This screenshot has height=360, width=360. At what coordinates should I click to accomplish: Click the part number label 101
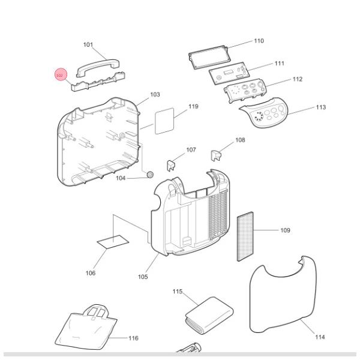pos(88,45)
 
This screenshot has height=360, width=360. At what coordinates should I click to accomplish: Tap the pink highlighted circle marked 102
pos(60,75)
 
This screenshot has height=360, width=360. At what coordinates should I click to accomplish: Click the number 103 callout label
pos(155,95)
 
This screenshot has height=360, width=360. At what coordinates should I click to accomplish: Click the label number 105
pos(142,277)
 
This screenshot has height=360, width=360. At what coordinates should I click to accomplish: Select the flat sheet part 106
pos(112,242)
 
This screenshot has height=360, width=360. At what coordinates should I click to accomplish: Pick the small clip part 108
pos(217,155)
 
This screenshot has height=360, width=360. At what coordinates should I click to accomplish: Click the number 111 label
pos(280,64)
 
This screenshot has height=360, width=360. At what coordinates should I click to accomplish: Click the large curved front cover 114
pos(282,294)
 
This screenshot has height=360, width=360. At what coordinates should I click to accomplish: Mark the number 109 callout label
pos(285,230)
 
